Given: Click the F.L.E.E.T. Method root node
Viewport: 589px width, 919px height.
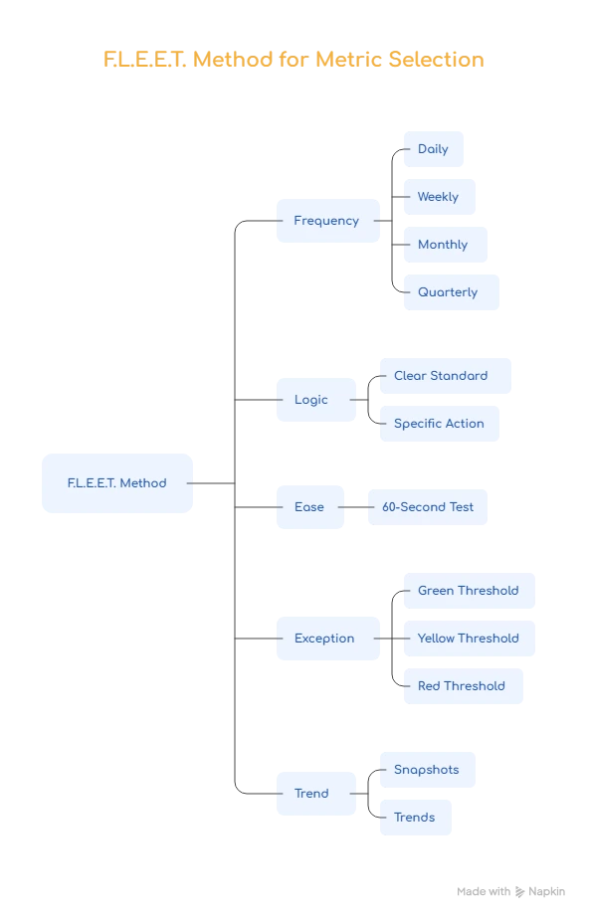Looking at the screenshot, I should (118, 483).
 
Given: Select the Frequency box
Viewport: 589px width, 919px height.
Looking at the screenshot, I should (326, 221).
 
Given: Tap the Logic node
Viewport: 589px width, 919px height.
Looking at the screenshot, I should (313, 399).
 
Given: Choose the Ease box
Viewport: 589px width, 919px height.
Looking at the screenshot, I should (309, 507).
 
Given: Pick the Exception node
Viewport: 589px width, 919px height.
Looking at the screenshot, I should (325, 639).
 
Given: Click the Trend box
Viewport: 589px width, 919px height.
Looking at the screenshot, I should (313, 794).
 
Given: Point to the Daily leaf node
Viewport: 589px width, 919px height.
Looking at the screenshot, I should (433, 149).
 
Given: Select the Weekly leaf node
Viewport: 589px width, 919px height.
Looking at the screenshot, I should (438, 197).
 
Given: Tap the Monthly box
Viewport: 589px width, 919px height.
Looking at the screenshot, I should (444, 245).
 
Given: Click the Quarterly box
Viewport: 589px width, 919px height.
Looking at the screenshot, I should (449, 292).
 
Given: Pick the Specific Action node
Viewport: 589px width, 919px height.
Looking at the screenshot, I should (438, 424).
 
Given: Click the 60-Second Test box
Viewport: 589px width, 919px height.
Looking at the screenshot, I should (429, 507).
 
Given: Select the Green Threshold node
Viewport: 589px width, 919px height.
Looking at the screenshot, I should (469, 591).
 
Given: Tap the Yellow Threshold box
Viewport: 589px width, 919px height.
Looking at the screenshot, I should (469, 639).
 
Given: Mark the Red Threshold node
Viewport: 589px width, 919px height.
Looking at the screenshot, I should (461, 686).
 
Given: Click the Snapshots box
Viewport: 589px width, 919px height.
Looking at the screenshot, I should (426, 770).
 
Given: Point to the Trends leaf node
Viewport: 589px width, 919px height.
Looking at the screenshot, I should (414, 818).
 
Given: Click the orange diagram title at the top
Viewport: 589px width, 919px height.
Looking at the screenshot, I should (294, 61).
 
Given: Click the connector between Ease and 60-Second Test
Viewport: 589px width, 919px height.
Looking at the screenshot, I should (358, 506).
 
